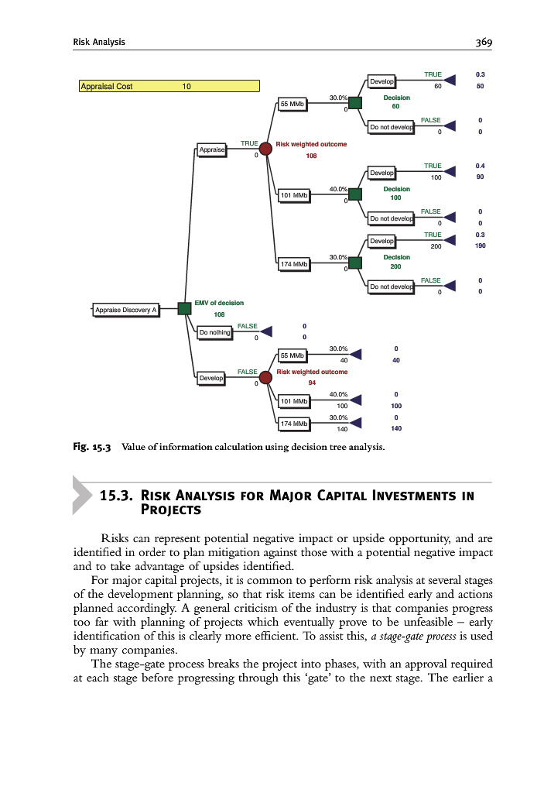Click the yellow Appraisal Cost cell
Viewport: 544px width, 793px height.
tap(169, 86)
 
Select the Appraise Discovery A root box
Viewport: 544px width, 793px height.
tap(125, 310)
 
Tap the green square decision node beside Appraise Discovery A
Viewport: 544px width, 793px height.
tap(184, 309)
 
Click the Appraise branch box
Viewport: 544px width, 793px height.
tap(211, 149)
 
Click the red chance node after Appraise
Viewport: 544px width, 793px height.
tap(265, 149)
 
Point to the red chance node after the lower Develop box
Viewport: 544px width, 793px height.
tap(265, 377)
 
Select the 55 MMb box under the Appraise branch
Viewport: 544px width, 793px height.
tap(293, 104)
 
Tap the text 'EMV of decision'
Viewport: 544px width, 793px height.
tap(219, 303)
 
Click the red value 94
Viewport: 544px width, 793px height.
tap(312, 383)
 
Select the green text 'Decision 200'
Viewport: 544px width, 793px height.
tap(396, 262)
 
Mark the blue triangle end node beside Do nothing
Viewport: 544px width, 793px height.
tap(266, 331)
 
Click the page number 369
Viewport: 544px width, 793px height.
tap(485, 42)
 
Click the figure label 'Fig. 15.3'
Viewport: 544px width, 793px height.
tap(92, 447)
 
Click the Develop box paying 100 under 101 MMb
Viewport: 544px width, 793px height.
tap(382, 172)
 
